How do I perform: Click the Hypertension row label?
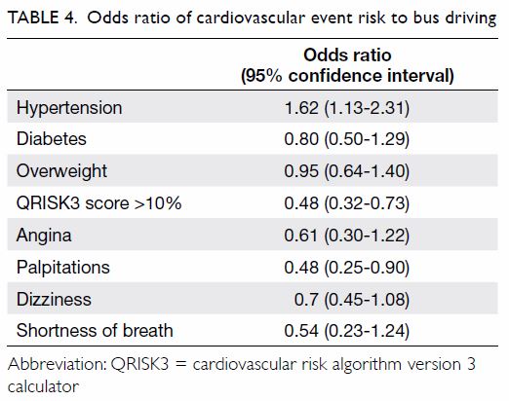[x=69, y=108]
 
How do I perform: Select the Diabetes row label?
[x=52, y=139]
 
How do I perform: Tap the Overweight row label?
[x=61, y=171]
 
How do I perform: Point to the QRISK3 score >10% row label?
[x=98, y=203]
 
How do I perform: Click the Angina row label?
[x=44, y=236]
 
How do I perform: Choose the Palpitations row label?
[x=63, y=268]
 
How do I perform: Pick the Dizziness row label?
[x=54, y=299]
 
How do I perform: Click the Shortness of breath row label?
[x=95, y=331]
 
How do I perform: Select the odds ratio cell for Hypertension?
[x=347, y=108]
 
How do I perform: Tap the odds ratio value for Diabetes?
[x=347, y=139]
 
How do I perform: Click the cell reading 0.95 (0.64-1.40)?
[x=347, y=171]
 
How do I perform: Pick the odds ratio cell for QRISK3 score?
[x=347, y=203]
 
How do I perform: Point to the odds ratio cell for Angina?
[x=347, y=236]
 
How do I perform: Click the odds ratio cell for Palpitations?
[x=347, y=268]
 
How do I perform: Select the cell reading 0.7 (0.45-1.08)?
[x=352, y=299]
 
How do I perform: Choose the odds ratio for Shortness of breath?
[x=347, y=331]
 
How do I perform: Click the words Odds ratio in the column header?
[x=347, y=55]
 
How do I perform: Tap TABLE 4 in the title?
[x=43, y=18]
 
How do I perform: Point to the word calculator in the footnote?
[x=43, y=386]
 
